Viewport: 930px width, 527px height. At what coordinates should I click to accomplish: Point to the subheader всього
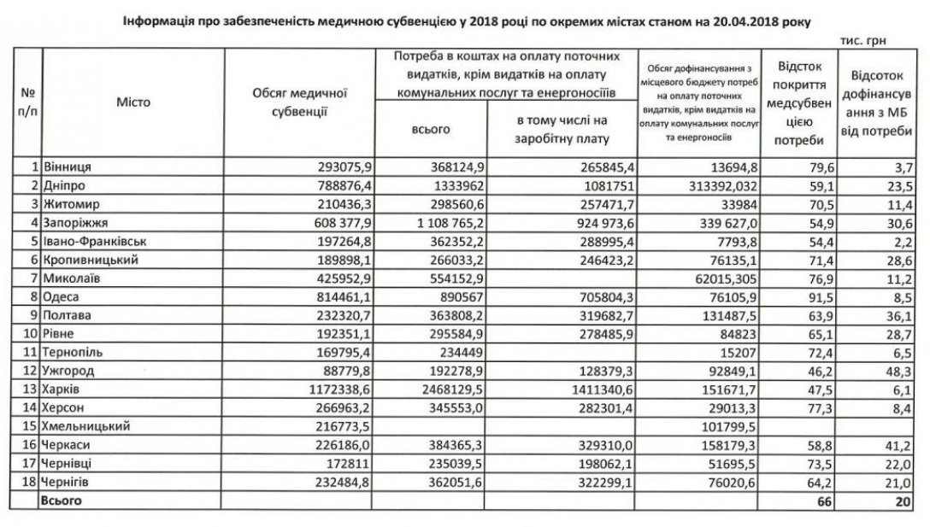[x=431, y=129]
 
